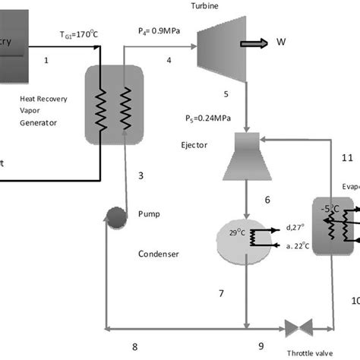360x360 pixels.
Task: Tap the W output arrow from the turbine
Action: pos(254,46)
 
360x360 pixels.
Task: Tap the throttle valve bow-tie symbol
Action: pos(299,327)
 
